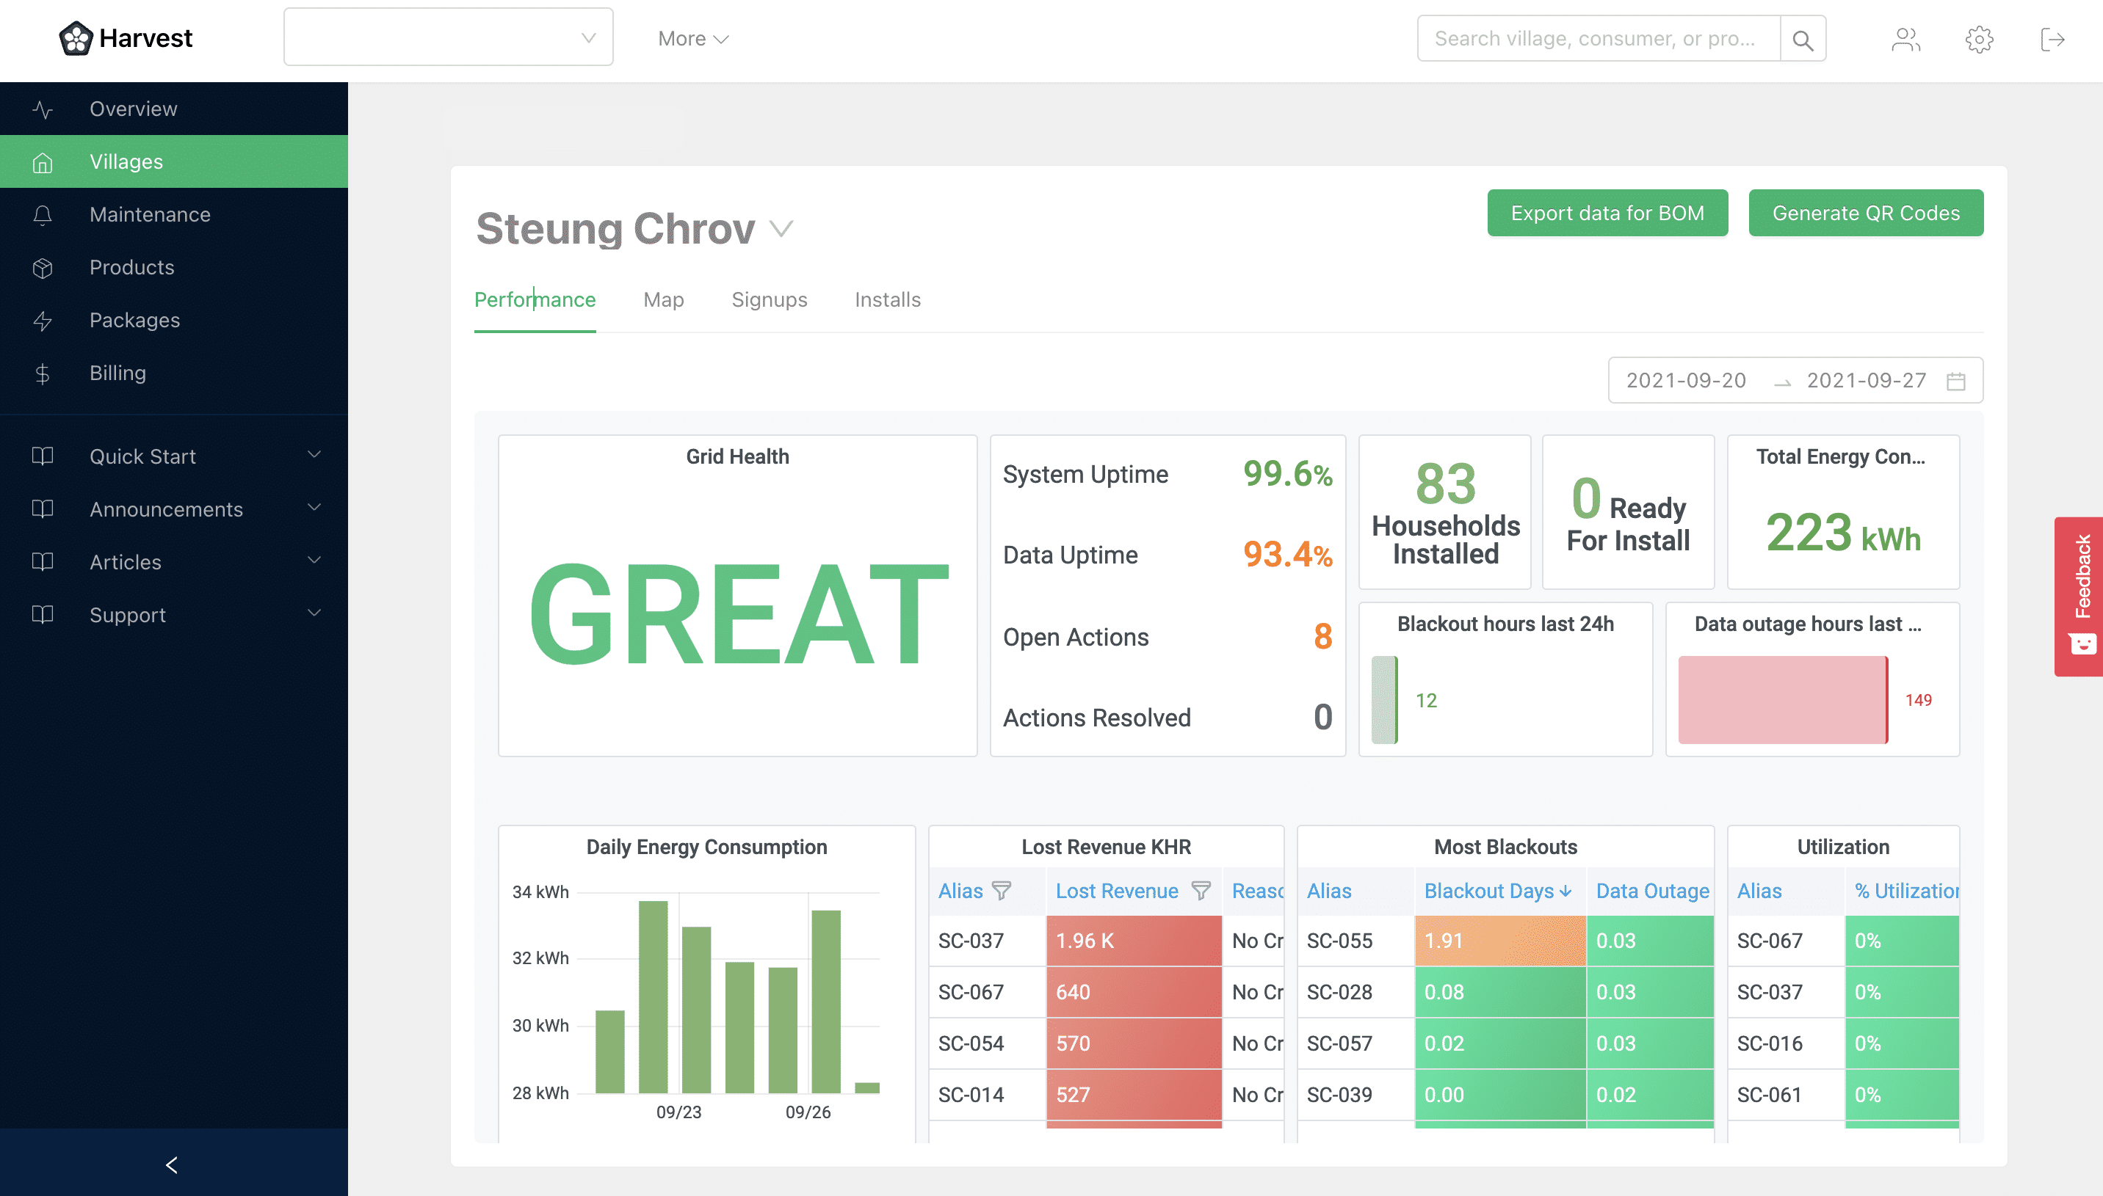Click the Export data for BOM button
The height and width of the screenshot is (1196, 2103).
click(1607, 214)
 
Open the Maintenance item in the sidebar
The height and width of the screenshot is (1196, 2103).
click(150, 214)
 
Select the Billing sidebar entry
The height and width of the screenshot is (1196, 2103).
click(117, 373)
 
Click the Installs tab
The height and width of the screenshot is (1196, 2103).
click(887, 300)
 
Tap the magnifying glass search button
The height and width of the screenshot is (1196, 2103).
click(1802, 40)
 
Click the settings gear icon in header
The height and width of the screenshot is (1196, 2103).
click(1979, 40)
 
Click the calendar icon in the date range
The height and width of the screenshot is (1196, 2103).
click(1956, 381)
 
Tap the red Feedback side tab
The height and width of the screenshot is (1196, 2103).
click(2080, 596)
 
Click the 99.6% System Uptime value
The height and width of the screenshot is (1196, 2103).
click(1287, 474)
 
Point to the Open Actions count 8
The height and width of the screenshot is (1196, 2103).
click(1322, 637)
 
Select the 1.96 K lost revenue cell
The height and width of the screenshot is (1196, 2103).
click(1132, 941)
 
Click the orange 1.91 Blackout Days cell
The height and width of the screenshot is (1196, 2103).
click(1499, 941)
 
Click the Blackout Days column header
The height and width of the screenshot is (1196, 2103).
click(1488, 891)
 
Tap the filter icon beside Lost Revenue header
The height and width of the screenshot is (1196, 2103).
click(1201, 891)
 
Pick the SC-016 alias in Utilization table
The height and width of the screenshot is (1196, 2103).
click(1770, 1043)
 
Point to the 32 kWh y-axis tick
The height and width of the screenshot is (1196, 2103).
click(540, 958)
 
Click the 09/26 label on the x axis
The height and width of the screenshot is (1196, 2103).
click(807, 1112)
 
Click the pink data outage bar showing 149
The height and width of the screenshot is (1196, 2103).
click(1781, 700)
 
